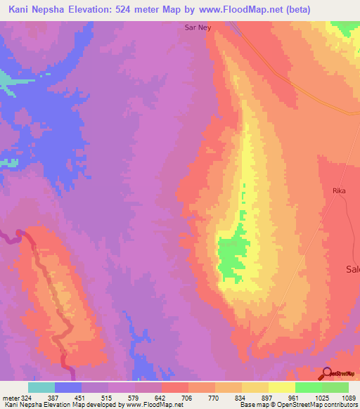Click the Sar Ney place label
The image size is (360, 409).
pyautogui.click(x=197, y=29)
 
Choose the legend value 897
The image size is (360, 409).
pyautogui.click(x=269, y=398)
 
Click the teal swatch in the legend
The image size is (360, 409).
pyautogui.click(x=41, y=387)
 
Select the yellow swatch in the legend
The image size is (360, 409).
pyautogui.click(x=282, y=387)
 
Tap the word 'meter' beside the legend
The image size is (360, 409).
pyautogui.click(x=9, y=398)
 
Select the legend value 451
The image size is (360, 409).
pyautogui.click(x=80, y=398)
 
